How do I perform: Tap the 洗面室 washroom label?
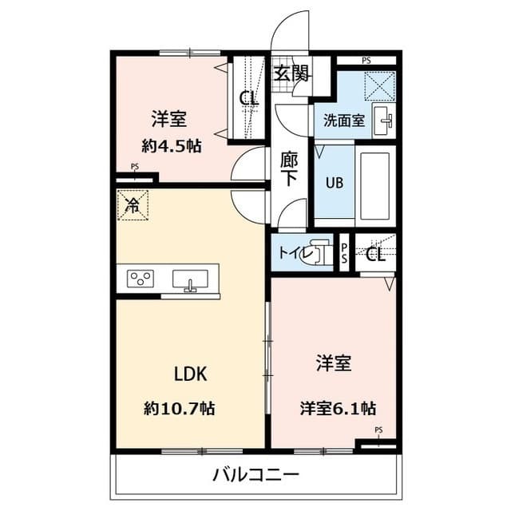344,121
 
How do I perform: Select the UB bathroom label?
333,180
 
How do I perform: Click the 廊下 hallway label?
288,168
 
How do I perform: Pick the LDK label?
191,374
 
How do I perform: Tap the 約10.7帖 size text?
179,408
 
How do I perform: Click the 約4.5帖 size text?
171,146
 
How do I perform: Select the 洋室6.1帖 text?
338,408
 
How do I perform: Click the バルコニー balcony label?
255,476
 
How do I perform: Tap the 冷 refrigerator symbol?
133,204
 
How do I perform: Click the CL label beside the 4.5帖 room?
248,99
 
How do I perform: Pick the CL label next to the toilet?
375,255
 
